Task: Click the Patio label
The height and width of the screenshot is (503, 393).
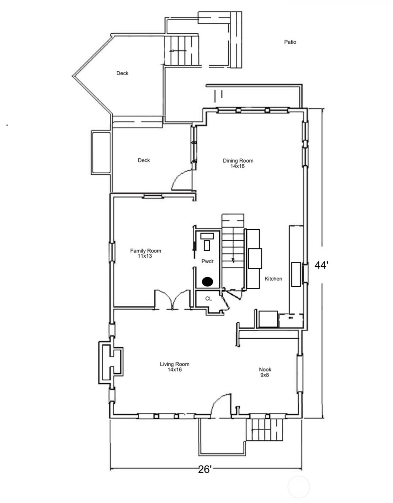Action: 290,42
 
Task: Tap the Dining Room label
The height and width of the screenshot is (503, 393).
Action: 238,161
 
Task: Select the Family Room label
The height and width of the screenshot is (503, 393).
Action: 146,251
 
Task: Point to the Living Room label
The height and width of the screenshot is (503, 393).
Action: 175,364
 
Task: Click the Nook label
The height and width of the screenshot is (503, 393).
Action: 265,369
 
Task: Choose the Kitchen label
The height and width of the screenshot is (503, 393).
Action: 273,279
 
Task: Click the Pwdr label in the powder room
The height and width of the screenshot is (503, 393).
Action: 207,261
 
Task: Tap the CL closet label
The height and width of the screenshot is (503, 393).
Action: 209,299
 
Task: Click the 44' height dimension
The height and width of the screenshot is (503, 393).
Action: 321,265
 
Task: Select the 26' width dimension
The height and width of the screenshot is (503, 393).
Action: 205,469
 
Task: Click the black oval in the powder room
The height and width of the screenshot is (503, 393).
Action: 208,281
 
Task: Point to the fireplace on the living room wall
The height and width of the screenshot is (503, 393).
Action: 111,362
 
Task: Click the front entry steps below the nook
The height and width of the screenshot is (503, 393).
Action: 264,430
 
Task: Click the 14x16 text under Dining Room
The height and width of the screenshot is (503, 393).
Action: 237,166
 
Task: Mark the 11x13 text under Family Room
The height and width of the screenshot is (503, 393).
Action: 145,256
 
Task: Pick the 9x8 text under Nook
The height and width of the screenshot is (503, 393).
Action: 264,375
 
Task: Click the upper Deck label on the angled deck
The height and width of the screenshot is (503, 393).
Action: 122,73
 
